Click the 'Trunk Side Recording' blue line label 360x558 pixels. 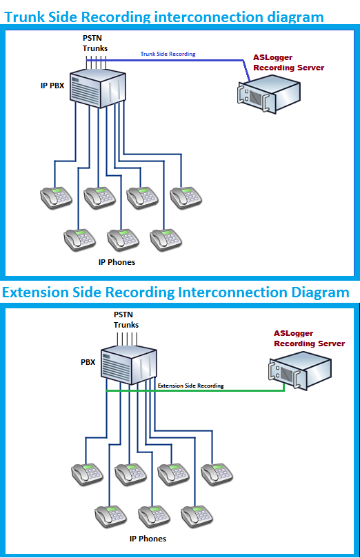[x=168, y=54]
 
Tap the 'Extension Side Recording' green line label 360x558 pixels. [x=190, y=386]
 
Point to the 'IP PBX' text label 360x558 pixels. [x=53, y=86]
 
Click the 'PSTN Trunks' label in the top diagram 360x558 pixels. [x=95, y=44]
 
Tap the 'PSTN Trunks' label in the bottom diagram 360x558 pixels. [x=126, y=320]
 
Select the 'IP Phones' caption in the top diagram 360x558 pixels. [x=117, y=262]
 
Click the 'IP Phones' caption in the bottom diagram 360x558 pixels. [x=148, y=539]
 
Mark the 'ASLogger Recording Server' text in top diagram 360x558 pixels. [x=288, y=63]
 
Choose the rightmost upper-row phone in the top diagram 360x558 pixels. [x=187, y=197]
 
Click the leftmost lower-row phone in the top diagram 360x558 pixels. [x=79, y=239]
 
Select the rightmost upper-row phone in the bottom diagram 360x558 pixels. [x=218, y=474]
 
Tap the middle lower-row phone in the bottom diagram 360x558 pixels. [x=154, y=516]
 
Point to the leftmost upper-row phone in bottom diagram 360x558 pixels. [x=88, y=474]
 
